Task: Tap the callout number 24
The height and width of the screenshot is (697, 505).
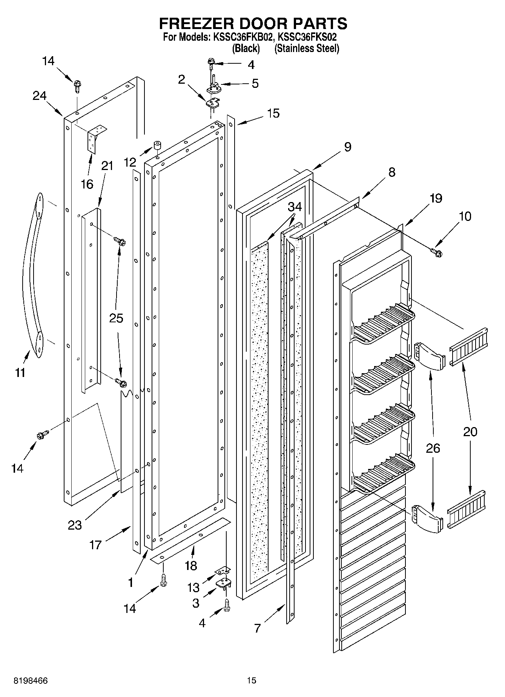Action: [x=39, y=96]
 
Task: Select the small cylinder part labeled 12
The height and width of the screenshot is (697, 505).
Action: [x=157, y=146]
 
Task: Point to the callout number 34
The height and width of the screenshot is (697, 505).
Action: [x=295, y=207]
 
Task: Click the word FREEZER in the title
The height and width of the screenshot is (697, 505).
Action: [x=196, y=23]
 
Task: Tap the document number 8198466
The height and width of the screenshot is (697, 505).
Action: [x=31, y=681]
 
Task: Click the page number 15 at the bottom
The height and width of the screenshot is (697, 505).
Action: [x=252, y=680]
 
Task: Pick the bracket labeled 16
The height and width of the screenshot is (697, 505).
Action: [x=96, y=138]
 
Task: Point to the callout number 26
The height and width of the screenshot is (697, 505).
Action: [x=433, y=448]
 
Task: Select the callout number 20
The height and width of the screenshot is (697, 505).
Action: [x=470, y=432]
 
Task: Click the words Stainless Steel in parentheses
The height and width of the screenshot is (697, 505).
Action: [x=307, y=49]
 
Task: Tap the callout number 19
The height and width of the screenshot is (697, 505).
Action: [x=436, y=198]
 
